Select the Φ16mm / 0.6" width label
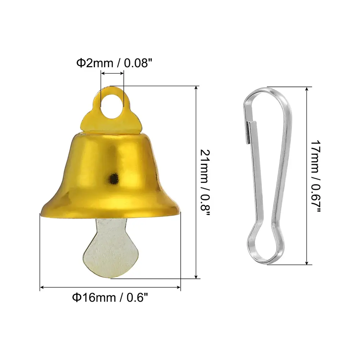110,297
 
